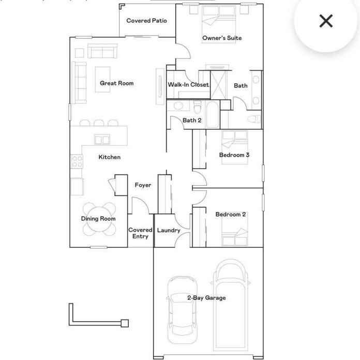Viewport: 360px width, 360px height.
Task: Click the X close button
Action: pyautogui.click(x=326, y=21)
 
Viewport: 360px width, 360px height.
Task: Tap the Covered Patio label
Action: pyautogui.click(x=146, y=21)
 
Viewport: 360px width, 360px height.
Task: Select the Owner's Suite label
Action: pyautogui.click(x=222, y=38)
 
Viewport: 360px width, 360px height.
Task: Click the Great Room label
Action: pyautogui.click(x=116, y=83)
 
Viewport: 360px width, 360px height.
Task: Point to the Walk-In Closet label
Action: pyautogui.click(x=188, y=84)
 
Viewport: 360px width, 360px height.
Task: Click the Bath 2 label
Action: pyautogui.click(x=192, y=121)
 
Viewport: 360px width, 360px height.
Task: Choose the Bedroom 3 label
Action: pyautogui.click(x=234, y=155)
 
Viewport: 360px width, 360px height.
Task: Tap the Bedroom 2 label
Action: pyautogui.click(x=231, y=215)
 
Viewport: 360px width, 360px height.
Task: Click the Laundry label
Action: pyautogui.click(x=169, y=230)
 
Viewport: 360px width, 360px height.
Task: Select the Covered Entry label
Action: pyautogui.click(x=140, y=233)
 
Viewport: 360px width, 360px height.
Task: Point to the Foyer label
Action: pyautogui.click(x=143, y=185)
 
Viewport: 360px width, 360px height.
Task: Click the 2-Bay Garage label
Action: pyautogui.click(x=206, y=298)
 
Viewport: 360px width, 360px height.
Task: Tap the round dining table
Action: pyautogui.click(x=99, y=219)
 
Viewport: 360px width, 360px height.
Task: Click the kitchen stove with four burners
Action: pyautogui.click(x=77, y=161)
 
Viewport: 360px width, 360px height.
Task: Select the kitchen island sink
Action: pyautogui.click(x=102, y=140)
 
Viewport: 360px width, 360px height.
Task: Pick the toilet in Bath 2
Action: pyautogui.click(x=197, y=107)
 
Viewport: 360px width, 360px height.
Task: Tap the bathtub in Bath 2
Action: pyautogui.click(x=213, y=114)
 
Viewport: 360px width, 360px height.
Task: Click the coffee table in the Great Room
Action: pyautogui.click(x=102, y=80)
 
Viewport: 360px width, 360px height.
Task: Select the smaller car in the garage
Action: pyautogui.click(x=182, y=310)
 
